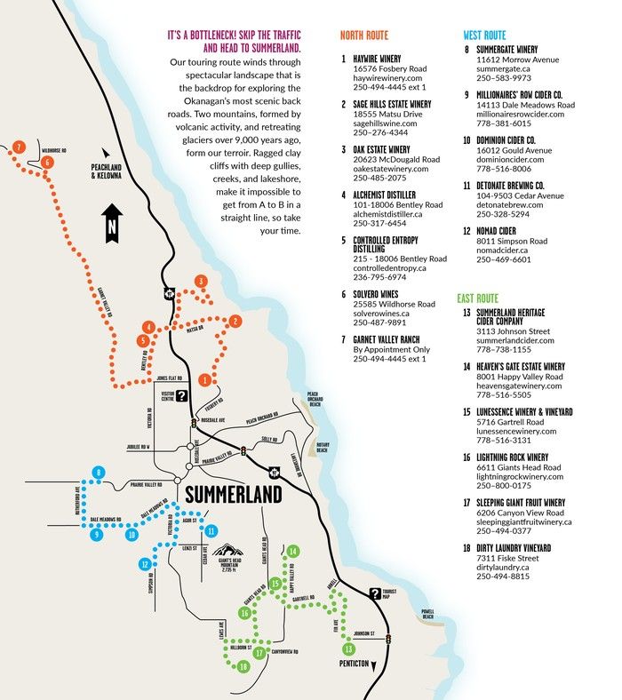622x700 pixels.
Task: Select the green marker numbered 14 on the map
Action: tap(292, 552)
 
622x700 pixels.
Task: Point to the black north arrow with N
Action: tap(110, 221)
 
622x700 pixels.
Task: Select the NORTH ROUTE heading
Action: tap(364, 36)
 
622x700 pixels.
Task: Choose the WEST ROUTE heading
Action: tap(485, 36)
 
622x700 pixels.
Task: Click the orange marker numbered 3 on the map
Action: tap(202, 282)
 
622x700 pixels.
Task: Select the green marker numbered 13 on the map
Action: tap(347, 648)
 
